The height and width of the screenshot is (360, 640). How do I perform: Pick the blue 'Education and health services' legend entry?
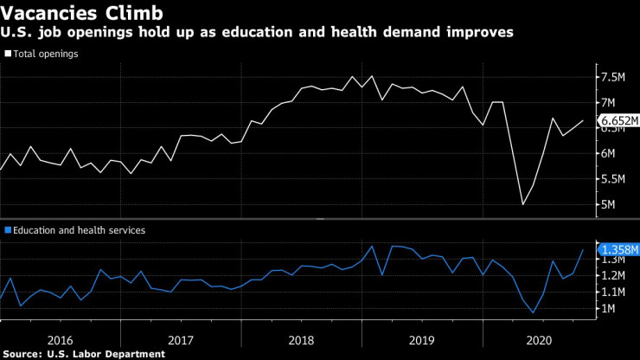pos(74,230)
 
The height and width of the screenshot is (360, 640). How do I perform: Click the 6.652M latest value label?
pos(619,121)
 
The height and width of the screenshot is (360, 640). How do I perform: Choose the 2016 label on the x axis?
pos(60,340)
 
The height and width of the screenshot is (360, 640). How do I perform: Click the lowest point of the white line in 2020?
pos(522,205)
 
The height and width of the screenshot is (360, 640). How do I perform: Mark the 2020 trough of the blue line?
pos(533,313)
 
